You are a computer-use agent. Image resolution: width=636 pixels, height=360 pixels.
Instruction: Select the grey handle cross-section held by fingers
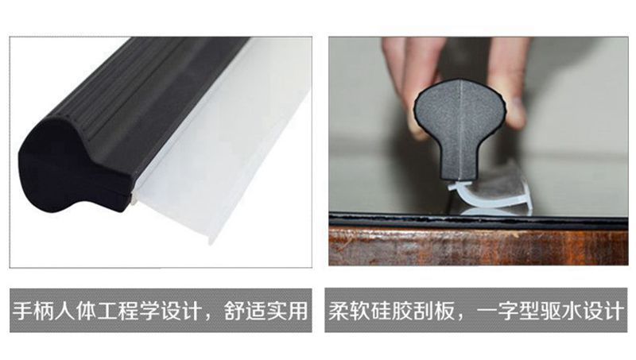[x=460, y=126]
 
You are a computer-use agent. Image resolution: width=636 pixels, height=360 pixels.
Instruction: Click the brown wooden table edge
[x=479, y=246]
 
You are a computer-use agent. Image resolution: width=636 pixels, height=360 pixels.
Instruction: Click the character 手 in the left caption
[x=23, y=312]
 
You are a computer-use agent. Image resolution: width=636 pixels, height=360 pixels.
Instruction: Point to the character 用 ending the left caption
[x=297, y=312]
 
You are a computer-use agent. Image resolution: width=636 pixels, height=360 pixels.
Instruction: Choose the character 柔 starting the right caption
[x=339, y=312]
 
